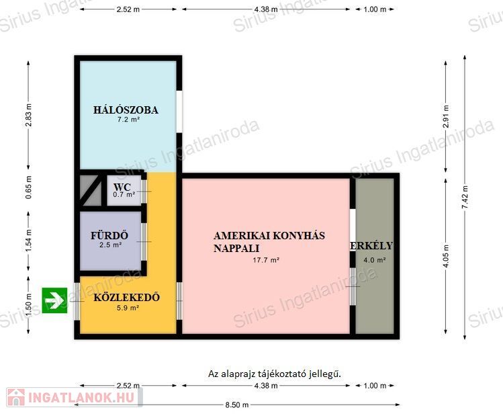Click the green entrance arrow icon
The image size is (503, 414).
point(54,300)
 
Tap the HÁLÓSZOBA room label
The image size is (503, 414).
point(126,110)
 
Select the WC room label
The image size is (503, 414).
point(122,187)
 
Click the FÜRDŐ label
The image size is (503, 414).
point(109,235)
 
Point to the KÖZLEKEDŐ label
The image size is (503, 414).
point(127,297)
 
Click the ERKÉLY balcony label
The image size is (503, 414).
point(371,246)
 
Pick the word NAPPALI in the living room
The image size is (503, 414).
point(236,249)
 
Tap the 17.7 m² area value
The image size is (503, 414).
point(266,260)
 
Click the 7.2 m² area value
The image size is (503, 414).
point(128,120)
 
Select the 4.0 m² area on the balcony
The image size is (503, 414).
point(374,260)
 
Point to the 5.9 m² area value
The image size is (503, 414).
point(128,308)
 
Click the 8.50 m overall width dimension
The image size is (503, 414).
point(237,405)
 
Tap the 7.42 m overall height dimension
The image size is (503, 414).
point(465,197)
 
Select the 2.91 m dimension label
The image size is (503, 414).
point(446,116)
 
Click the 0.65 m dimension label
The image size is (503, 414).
point(29,188)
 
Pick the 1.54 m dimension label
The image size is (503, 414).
point(29,240)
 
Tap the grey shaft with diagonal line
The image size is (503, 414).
point(91,190)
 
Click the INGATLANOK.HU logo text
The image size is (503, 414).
point(81,398)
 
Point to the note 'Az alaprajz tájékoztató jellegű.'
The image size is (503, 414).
point(275,374)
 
